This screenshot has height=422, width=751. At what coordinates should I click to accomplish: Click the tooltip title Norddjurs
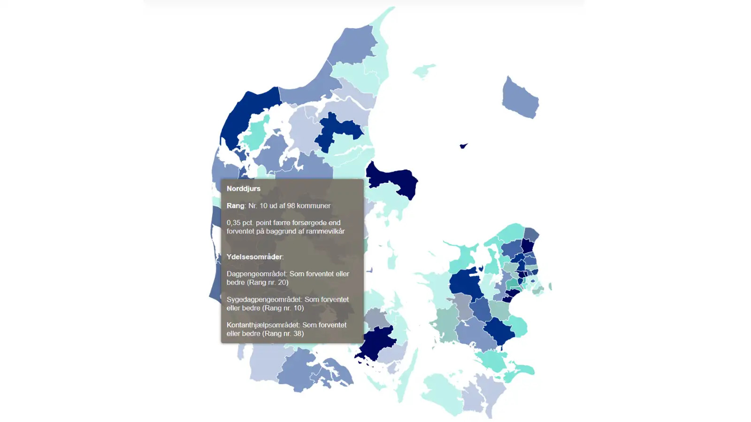[243, 188]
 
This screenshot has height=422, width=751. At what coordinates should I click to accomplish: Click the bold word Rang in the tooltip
[235, 206]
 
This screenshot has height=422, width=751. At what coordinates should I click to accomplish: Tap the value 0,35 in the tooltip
[234, 223]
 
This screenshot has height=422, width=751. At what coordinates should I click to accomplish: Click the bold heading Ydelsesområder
[254, 257]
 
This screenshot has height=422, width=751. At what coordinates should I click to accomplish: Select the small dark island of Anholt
[463, 146]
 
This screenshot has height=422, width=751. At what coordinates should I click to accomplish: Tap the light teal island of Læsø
[424, 71]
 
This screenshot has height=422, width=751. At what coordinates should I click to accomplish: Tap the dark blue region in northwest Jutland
[249, 113]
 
